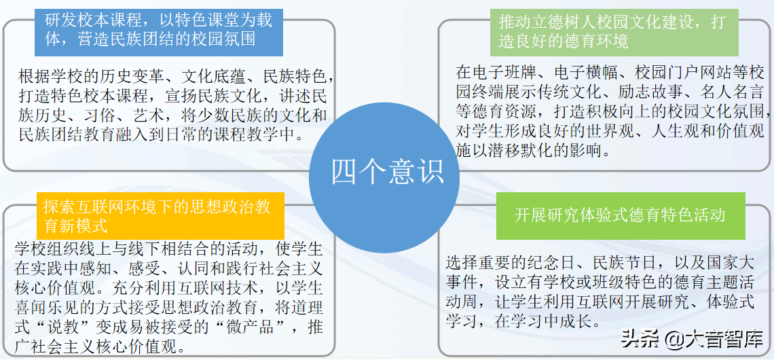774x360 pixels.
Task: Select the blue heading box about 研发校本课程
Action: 159,29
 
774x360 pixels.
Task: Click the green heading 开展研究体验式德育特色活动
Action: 620,216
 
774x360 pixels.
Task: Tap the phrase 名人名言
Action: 737,91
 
